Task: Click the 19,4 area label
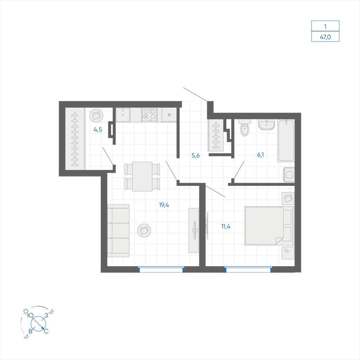pos(164,205)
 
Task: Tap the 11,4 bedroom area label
pos(226,227)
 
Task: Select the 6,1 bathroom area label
pos(261,155)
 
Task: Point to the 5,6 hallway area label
pos(195,156)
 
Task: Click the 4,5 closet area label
pos(98,130)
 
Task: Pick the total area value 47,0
pos(325,37)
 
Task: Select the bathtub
pos(286,141)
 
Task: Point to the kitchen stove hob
pos(149,115)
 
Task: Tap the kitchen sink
pos(123,115)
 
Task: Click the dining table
pos(142,176)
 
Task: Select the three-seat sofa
pos(118,231)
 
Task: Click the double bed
pos(269,226)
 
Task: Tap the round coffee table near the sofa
pos(144,230)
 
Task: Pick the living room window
pos(161,269)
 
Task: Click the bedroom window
pos(249,269)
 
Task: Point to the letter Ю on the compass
pos(31,315)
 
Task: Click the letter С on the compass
pos(46,331)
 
